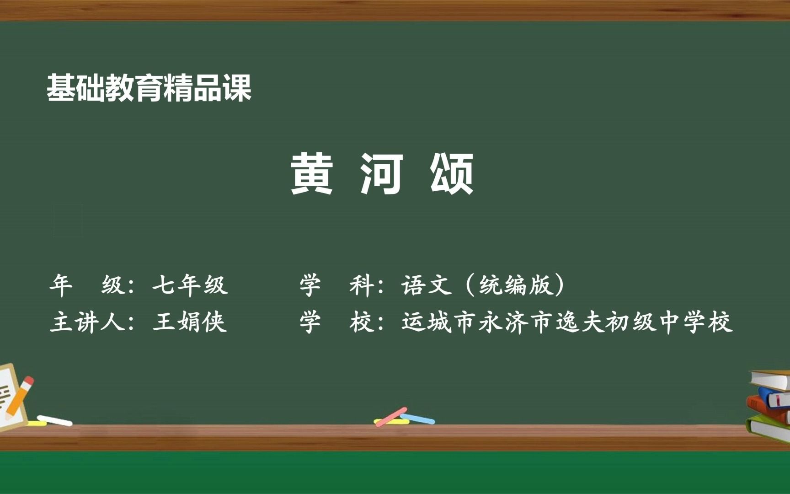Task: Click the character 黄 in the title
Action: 312,174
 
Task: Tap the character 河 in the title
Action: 382,174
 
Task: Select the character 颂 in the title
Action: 452,174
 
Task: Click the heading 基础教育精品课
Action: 149,88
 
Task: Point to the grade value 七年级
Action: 190,285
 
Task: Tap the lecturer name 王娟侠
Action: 190,322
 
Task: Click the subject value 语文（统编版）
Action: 484,285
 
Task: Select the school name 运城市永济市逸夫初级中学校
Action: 567,322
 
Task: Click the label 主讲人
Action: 87,322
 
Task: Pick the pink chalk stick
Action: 391,416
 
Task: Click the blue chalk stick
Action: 418,419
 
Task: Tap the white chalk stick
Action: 54,420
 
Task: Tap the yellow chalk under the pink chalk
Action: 391,421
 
